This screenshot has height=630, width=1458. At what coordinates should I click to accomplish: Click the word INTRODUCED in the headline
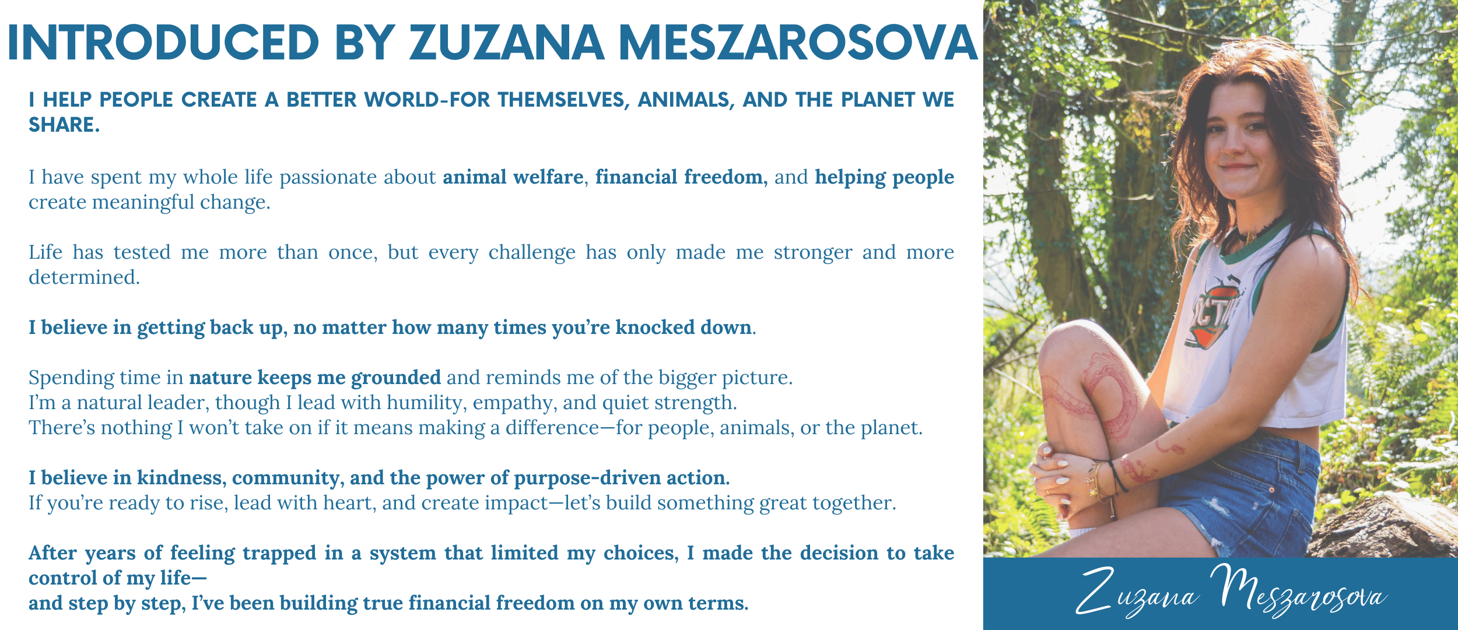click(x=163, y=43)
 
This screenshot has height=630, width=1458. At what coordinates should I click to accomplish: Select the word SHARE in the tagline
click(x=62, y=125)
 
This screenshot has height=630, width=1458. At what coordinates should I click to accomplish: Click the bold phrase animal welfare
click(x=513, y=177)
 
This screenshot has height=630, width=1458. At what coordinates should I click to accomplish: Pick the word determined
click(x=84, y=277)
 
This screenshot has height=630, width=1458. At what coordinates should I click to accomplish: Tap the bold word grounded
click(x=395, y=378)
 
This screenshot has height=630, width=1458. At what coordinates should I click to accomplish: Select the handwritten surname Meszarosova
click(x=1298, y=591)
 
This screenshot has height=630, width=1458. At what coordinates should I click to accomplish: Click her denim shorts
click(x=1236, y=490)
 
